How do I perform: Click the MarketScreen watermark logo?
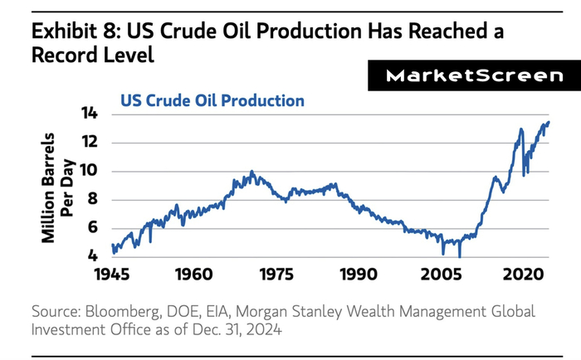click(470, 76)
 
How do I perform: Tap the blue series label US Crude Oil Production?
click(212, 100)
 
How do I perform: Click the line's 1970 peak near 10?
click(251, 172)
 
